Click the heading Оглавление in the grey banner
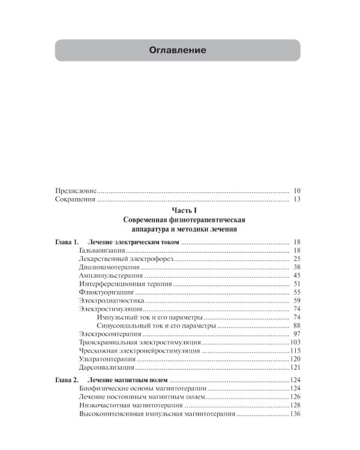[x=177, y=50]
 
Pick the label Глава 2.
[x=64, y=381]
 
